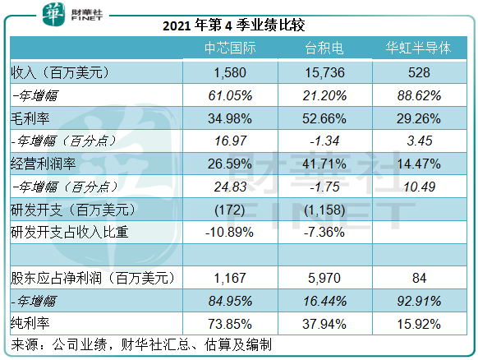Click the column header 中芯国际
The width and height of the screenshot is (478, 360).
[230, 48]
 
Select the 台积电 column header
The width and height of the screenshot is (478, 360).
[324, 48]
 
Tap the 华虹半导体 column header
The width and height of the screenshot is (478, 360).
[418, 48]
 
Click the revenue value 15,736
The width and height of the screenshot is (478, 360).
[325, 72]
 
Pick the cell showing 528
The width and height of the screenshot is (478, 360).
[419, 72]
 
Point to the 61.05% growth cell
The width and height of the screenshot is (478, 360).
[230, 96]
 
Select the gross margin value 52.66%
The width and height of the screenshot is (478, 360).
[324, 118]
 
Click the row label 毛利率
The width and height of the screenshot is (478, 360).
[30, 118]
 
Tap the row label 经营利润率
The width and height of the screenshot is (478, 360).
[43, 164]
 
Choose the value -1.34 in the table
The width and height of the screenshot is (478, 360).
[324, 141]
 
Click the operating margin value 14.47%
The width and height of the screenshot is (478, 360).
[419, 164]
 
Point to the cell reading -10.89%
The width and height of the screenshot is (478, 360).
[229, 233]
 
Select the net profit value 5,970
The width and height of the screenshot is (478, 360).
[324, 279]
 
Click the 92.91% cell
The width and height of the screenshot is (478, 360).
[419, 302]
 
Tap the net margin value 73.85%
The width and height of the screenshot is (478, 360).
[230, 324]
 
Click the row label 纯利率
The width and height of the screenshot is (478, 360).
[30, 323]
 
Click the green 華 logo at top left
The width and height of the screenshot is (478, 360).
[53, 14]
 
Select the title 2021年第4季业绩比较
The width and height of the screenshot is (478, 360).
[234, 25]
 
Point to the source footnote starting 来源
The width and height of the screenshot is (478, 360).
[141, 344]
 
